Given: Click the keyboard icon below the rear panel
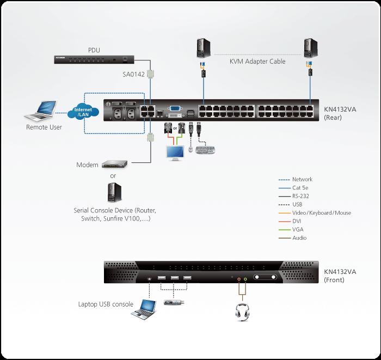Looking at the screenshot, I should (206, 149).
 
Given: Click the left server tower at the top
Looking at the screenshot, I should (202, 47).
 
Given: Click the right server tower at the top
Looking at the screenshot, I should (310, 47).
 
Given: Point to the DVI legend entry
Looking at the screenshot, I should (297, 221).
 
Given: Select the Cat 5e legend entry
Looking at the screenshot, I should (300, 188).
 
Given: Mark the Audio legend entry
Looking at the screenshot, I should (299, 238).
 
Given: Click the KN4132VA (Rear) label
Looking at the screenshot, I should (340, 112).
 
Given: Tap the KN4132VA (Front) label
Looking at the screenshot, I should (340, 276).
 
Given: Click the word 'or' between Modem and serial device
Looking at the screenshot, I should (113, 176).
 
